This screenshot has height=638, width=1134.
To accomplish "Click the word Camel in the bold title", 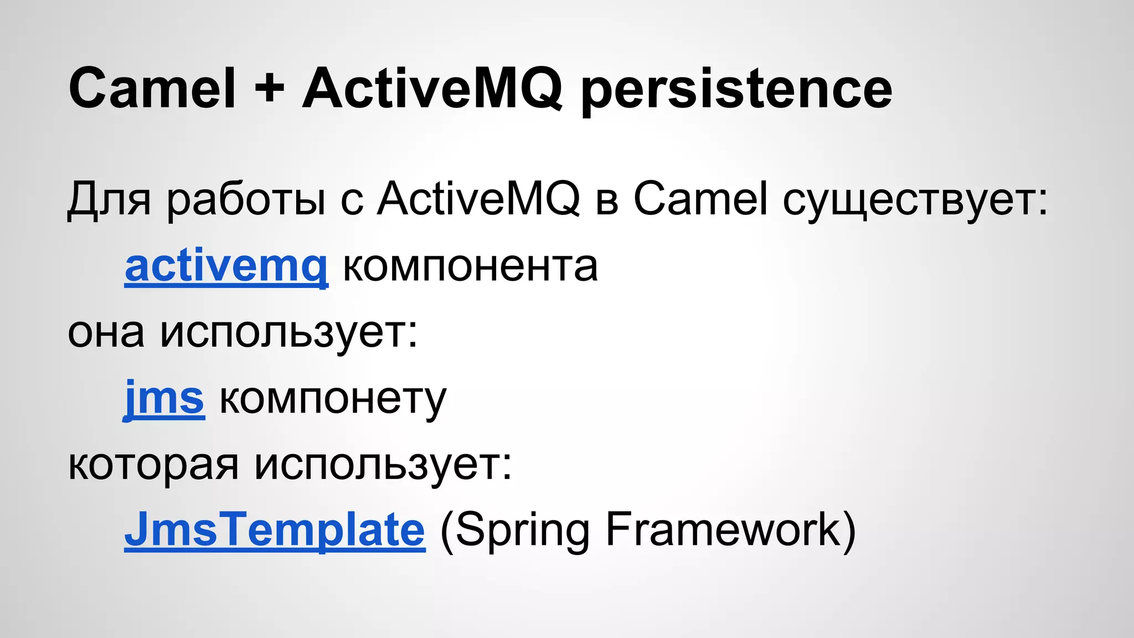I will [152, 89].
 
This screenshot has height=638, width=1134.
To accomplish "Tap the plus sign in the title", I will [270, 89].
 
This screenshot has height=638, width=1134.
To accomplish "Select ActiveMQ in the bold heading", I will [432, 89].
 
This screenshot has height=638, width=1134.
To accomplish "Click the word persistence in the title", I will [736, 91].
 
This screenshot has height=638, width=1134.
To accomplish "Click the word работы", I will [246, 200].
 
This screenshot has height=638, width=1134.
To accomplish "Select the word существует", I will [914, 200].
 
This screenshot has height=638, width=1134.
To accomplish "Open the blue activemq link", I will [226, 267].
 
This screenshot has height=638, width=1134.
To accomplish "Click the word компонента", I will [470, 267].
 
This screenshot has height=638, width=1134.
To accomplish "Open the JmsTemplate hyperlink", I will [275, 530].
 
